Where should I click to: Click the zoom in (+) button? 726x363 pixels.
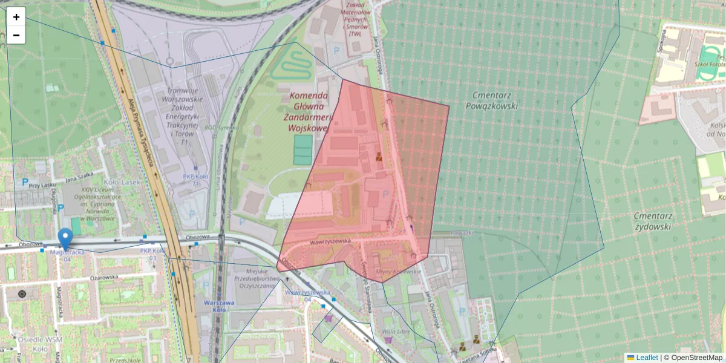(x=16, y=17)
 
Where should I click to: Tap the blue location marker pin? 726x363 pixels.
(x=65, y=238)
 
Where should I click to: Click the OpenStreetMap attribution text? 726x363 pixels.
(x=696, y=358)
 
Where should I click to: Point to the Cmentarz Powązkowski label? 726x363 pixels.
(x=492, y=100)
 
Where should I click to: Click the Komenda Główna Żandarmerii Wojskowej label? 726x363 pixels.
(x=309, y=112)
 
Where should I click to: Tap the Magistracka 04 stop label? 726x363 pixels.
(x=66, y=255)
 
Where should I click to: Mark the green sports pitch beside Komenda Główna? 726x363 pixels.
(x=303, y=149)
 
